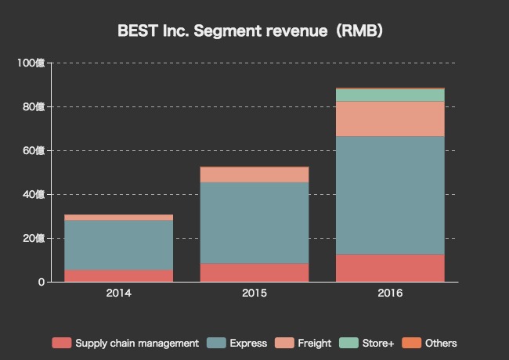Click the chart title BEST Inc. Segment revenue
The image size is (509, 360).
click(x=250, y=31)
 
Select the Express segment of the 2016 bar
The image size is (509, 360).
click(x=390, y=196)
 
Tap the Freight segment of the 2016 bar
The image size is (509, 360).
click(x=390, y=119)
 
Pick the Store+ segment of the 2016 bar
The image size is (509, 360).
click(x=390, y=95)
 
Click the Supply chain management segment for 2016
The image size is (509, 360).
click(x=390, y=268)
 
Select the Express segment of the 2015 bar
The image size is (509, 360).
click(x=254, y=222)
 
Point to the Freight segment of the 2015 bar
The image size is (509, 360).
click(x=254, y=175)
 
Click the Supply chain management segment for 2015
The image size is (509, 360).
click(x=254, y=272)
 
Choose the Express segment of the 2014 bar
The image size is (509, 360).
click(x=118, y=245)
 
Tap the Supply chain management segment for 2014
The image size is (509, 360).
click(x=118, y=275)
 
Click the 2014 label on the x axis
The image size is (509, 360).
click(x=118, y=293)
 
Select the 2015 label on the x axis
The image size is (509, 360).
click(x=254, y=293)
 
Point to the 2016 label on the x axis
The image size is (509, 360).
click(x=390, y=293)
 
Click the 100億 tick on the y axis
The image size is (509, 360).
click(x=31, y=63)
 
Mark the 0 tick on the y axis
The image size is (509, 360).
click(x=40, y=282)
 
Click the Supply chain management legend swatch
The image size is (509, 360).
click(x=61, y=343)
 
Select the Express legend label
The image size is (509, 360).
click(x=248, y=343)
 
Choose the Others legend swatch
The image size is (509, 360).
click(x=411, y=343)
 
